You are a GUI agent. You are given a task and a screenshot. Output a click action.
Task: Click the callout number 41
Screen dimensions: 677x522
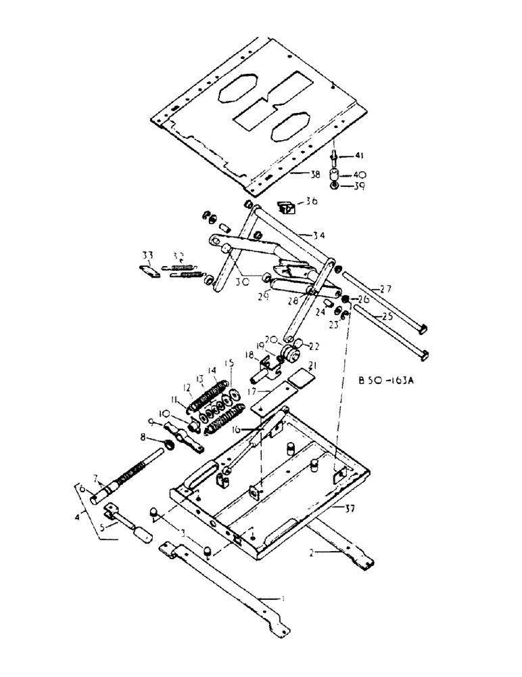[359, 156]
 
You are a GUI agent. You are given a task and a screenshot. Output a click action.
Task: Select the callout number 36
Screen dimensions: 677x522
[310, 200]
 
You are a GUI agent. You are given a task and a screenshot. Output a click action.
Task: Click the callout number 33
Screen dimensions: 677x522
[148, 255]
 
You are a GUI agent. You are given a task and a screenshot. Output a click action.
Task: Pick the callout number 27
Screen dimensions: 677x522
[385, 288]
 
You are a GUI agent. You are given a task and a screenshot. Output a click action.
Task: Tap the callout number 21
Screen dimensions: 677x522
[311, 366]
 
